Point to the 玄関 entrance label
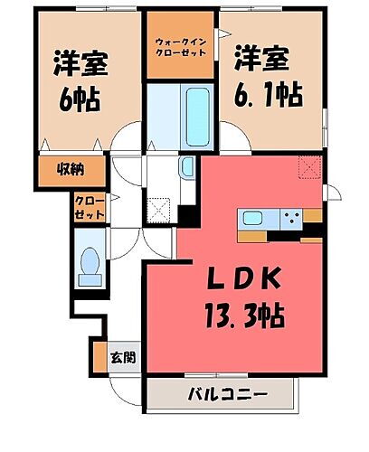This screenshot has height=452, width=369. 123,356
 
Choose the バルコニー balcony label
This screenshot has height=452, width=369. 228,394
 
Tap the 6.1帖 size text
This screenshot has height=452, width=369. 270,93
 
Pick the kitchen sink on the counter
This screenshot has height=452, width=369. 251,218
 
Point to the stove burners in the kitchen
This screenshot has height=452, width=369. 292,217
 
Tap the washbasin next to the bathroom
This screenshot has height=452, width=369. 186,166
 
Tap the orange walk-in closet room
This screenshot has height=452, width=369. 180,44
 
